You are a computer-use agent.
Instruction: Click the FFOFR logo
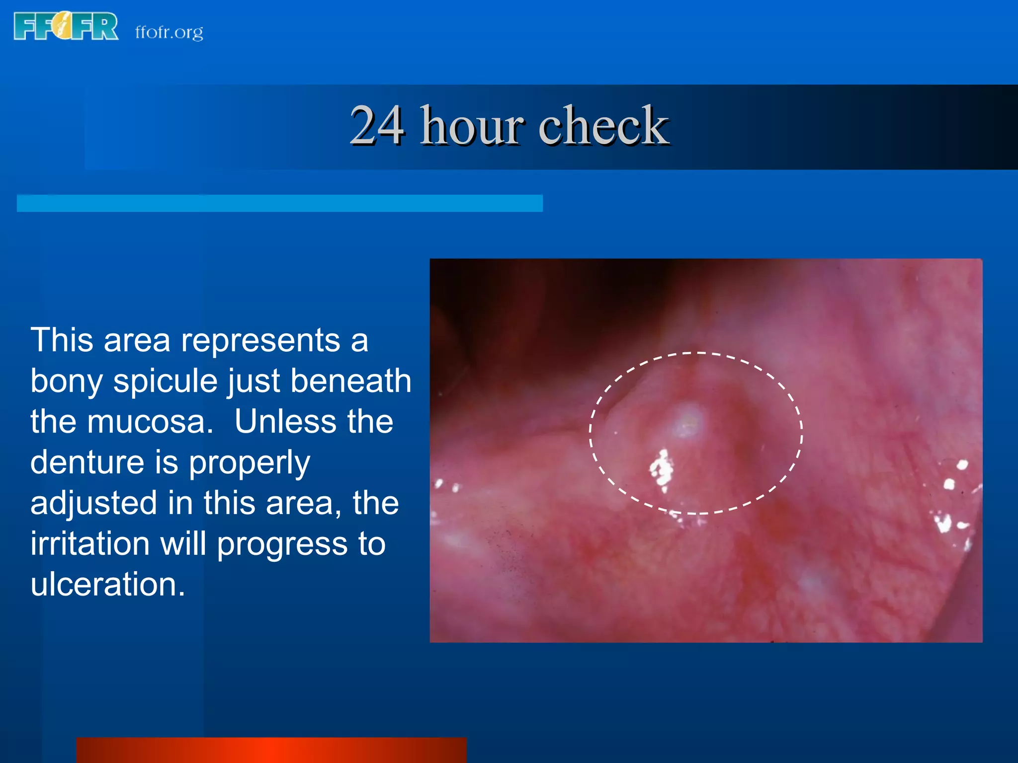tap(66, 27)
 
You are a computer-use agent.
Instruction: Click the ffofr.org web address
tap(169, 32)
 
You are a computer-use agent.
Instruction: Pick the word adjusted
tap(94, 503)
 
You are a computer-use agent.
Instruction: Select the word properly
tap(249, 463)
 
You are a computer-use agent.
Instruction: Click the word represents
tap(260, 341)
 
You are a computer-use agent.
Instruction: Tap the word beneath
tap(350, 381)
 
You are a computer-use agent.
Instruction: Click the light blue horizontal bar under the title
tap(279, 203)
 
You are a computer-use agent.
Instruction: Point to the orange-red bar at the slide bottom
tap(271, 750)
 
